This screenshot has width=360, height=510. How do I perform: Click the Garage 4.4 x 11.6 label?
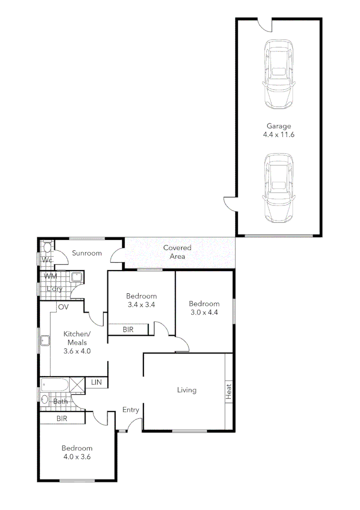[x=279, y=130]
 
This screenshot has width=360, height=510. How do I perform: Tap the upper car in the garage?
[x=279, y=74]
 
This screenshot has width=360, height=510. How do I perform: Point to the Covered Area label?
[x=177, y=252]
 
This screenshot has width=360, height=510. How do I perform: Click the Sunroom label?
[x=87, y=253]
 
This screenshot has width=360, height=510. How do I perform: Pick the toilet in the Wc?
[x=47, y=247]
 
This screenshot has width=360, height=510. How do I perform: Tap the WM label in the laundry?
[x=50, y=276]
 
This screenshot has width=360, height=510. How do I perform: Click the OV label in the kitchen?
[x=64, y=307]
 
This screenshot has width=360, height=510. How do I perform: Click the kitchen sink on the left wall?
[x=45, y=340]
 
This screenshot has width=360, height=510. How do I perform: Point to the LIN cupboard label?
[x=96, y=382]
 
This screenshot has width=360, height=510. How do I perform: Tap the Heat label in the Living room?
[x=229, y=391]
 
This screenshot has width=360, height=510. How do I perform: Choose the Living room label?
[x=187, y=390]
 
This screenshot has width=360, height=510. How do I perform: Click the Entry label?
[x=131, y=410]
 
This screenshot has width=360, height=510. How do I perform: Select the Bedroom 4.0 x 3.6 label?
[x=76, y=452]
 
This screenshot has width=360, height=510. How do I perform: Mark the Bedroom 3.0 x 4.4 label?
[x=204, y=307]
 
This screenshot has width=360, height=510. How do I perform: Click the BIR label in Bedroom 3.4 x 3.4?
[x=128, y=330]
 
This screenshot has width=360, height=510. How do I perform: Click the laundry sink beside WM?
[x=76, y=277]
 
